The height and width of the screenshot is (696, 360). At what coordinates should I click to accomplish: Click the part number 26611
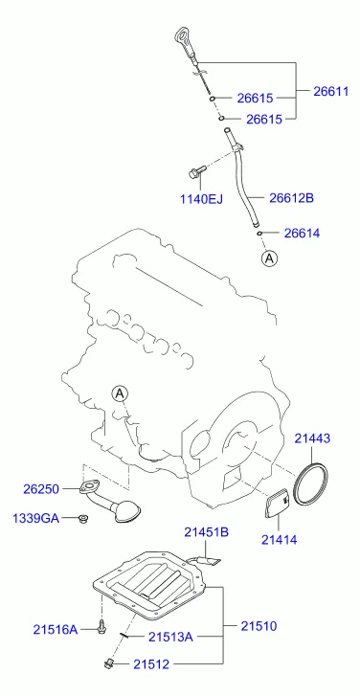tap(331, 91)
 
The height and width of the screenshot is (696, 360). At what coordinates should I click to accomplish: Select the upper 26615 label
tap(255, 98)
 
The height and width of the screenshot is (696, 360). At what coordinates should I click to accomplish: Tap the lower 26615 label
tap(264, 119)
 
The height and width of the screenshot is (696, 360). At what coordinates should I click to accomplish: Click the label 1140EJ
tap(201, 198)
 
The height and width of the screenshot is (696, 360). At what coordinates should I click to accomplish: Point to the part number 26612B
tap(291, 197)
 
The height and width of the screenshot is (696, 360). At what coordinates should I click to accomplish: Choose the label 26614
tap(302, 233)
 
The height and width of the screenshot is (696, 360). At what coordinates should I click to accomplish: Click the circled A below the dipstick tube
tap(269, 258)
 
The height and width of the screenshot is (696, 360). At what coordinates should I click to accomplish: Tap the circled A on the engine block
tap(120, 393)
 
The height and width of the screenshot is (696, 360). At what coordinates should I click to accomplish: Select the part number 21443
tap(312, 438)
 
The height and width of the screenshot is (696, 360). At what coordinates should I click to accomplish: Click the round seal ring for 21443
tap(296, 483)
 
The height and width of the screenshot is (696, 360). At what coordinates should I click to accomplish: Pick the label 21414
tap(279, 539)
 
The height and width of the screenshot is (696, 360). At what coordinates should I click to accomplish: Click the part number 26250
tap(41, 489)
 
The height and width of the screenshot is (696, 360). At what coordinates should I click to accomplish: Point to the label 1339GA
tap(35, 518)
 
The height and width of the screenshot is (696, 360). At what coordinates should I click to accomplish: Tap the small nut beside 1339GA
tap(81, 518)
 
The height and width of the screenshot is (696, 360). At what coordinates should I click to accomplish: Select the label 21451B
tap(207, 531)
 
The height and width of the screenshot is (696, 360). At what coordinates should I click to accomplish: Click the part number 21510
tap(259, 626)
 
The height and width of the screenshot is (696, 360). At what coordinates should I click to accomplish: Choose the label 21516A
tap(55, 629)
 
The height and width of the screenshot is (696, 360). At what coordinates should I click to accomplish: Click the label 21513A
tap(170, 637)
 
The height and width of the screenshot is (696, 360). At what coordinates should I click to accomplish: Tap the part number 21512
tap(151, 664)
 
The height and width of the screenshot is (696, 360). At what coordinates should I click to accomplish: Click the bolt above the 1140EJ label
tap(197, 171)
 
